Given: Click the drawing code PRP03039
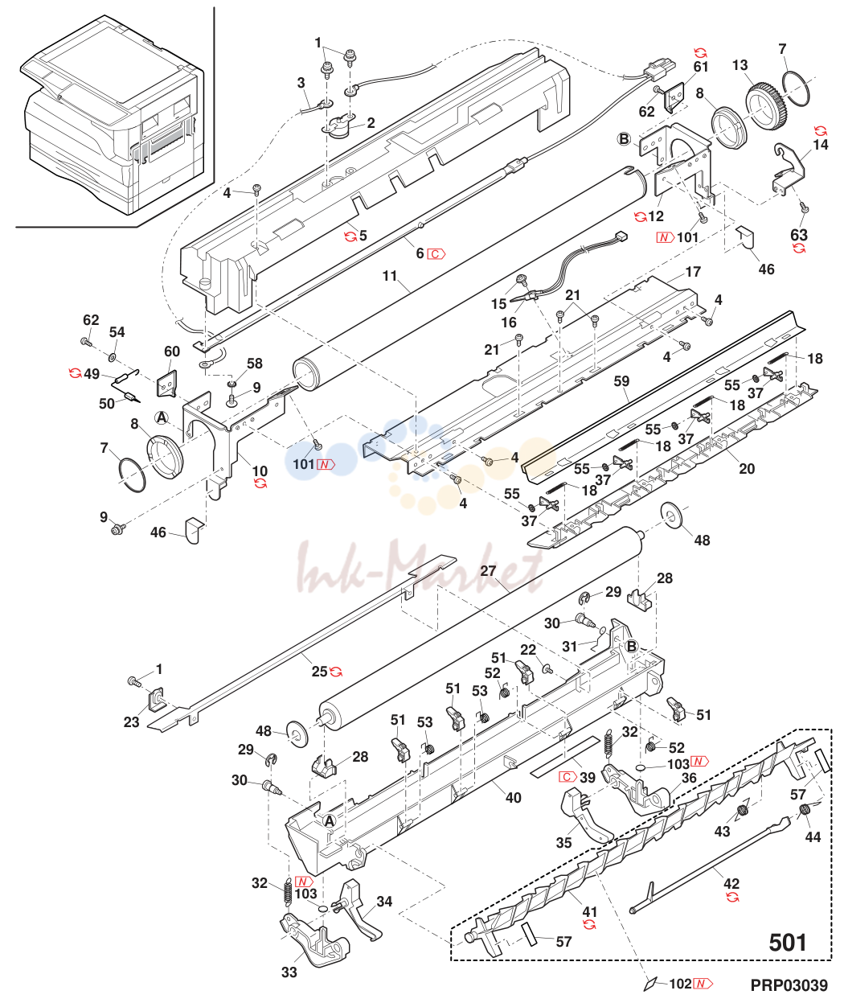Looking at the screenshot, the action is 789,985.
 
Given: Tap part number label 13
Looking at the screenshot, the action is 740,65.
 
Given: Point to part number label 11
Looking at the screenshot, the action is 390,276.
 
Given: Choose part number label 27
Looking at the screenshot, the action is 488,571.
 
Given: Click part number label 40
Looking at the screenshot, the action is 514,798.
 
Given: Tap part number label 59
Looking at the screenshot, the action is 621,381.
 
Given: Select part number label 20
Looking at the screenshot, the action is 747,468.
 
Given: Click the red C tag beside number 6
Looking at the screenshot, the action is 436,253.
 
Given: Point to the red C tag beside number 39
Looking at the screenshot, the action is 567,776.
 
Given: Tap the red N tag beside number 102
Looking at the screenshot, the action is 703,984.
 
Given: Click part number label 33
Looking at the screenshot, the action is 289,972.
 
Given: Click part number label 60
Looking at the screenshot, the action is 172,351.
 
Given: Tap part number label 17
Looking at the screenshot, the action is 693,272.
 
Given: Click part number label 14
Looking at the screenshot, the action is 821,145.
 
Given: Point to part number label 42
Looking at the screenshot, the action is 731,883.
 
